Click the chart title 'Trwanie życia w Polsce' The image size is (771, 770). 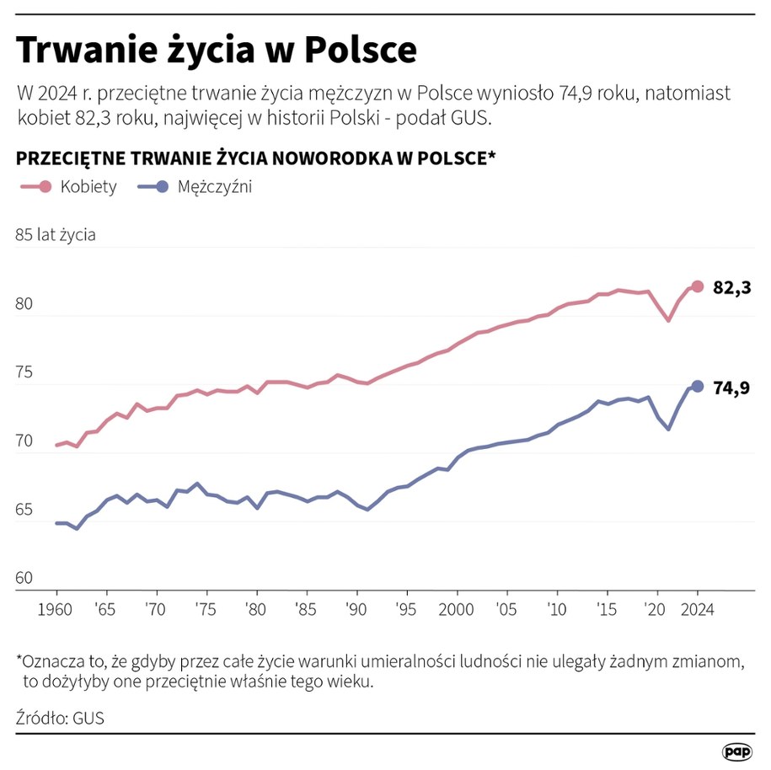pos(217,51)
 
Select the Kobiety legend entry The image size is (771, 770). pos(70,187)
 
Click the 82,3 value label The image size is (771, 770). pos(731,288)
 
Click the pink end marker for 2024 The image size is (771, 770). pos(697,286)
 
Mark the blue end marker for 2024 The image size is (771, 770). pos(697,386)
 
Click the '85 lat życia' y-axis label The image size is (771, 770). pos(56,235)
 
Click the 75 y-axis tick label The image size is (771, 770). pos(24,373)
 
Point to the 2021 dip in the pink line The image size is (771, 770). pos(668,320)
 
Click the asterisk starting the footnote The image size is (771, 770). pos(20,660)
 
